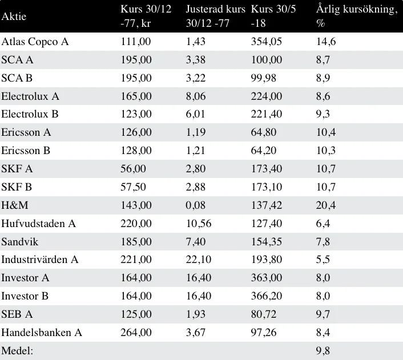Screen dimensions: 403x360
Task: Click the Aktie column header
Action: [14, 17]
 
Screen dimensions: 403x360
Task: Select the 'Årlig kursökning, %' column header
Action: [357, 16]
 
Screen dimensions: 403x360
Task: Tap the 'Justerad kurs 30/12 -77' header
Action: [215, 16]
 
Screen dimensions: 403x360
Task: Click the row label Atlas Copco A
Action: [35, 42]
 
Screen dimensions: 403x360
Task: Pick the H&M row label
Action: [15, 205]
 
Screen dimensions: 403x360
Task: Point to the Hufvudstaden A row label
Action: [39, 224]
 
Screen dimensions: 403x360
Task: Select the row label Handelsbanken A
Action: [42, 333]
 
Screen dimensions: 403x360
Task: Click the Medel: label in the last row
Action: [17, 351]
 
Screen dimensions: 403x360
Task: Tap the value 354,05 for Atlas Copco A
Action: [266, 42]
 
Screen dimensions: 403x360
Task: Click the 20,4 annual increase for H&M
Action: [325, 205]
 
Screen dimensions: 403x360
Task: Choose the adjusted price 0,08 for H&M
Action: [196, 205]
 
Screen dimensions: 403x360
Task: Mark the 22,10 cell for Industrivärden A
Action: [199, 260]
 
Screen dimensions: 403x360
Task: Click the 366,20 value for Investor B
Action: [266, 296]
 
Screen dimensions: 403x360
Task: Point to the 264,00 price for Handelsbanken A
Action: [136, 333]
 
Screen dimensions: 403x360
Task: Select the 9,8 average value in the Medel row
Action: [323, 351]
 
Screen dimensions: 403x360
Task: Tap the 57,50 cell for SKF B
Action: [133, 187]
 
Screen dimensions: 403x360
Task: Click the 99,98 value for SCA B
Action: [264, 78]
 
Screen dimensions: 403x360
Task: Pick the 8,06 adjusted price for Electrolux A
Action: [196, 96]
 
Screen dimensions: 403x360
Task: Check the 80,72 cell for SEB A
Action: [264, 314]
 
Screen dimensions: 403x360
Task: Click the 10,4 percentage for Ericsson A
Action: [325, 132]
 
